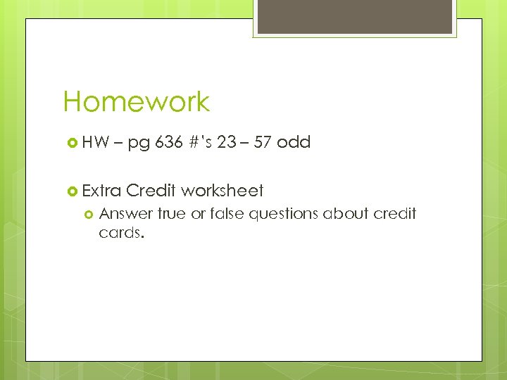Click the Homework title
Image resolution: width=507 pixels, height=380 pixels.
click(x=137, y=102)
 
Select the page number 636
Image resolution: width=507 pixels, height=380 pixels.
click(x=169, y=142)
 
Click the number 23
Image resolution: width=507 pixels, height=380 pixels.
click(x=227, y=142)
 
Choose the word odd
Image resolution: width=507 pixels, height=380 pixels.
click(x=294, y=142)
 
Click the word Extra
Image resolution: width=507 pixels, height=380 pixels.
click(x=102, y=191)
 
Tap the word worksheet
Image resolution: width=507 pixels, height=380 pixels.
click(x=223, y=191)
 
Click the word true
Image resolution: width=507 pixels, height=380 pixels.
click(x=172, y=213)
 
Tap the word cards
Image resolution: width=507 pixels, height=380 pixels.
click(x=121, y=232)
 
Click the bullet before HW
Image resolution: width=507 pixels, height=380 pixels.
click(x=71, y=143)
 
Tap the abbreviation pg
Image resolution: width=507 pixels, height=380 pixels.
click(x=139, y=144)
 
